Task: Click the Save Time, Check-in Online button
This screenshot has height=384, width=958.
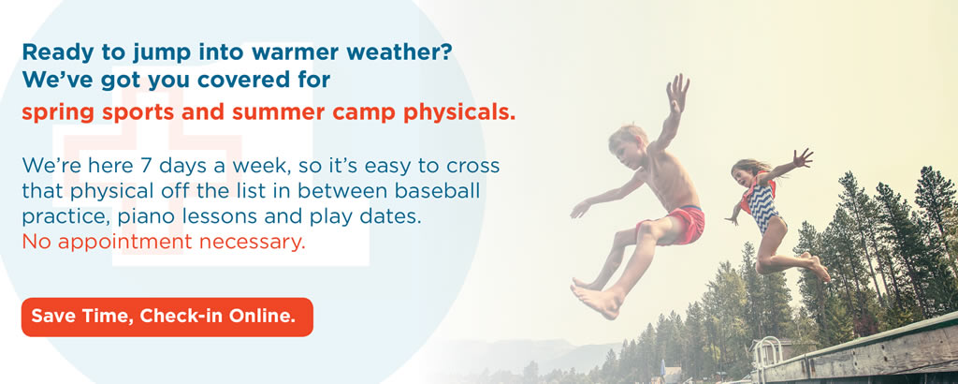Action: [x=167, y=317]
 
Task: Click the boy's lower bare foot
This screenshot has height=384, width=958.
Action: [x=594, y=300]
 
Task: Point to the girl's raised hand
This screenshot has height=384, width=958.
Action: [x=804, y=158]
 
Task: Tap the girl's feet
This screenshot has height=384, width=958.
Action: [x=818, y=265]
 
